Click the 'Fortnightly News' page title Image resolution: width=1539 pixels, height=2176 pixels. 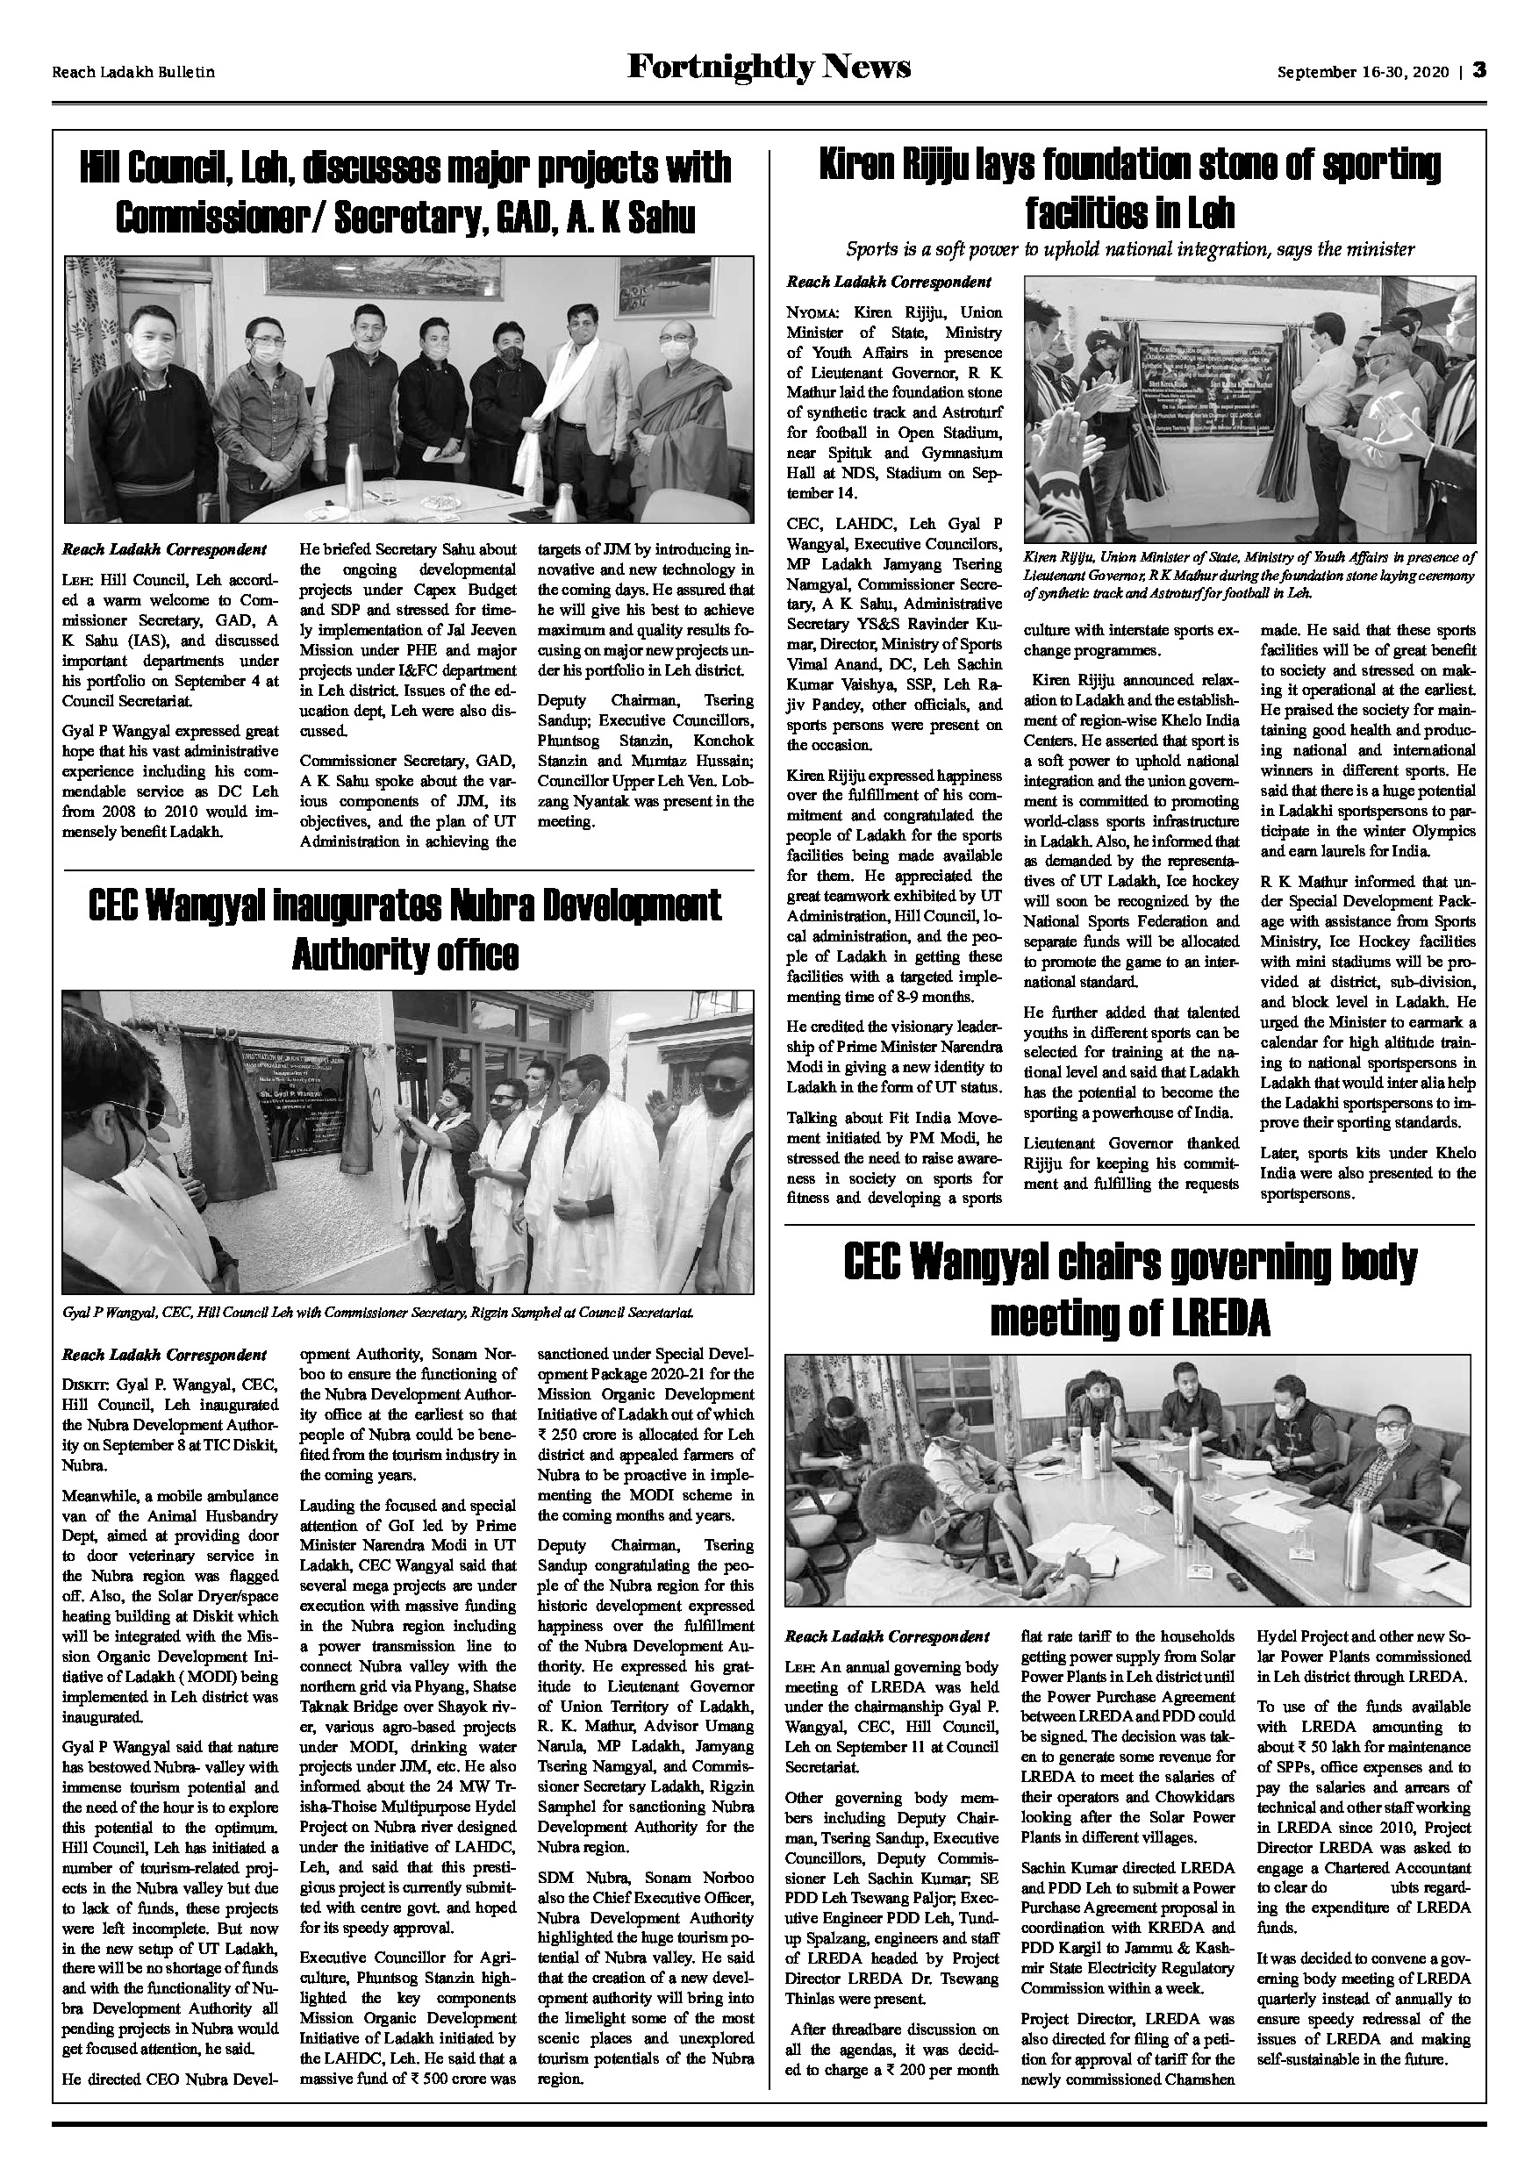[x=769, y=68]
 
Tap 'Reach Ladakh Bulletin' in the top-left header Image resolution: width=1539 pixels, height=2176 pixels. [x=133, y=72]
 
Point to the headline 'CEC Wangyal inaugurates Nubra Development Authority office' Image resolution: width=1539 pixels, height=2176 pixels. [x=404, y=930]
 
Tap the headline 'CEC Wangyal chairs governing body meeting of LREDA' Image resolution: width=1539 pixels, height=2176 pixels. [x=1129, y=1289]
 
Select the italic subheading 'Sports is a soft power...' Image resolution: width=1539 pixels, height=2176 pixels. [x=1129, y=249]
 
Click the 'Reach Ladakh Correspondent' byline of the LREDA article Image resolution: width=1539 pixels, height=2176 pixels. [x=888, y=1636]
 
